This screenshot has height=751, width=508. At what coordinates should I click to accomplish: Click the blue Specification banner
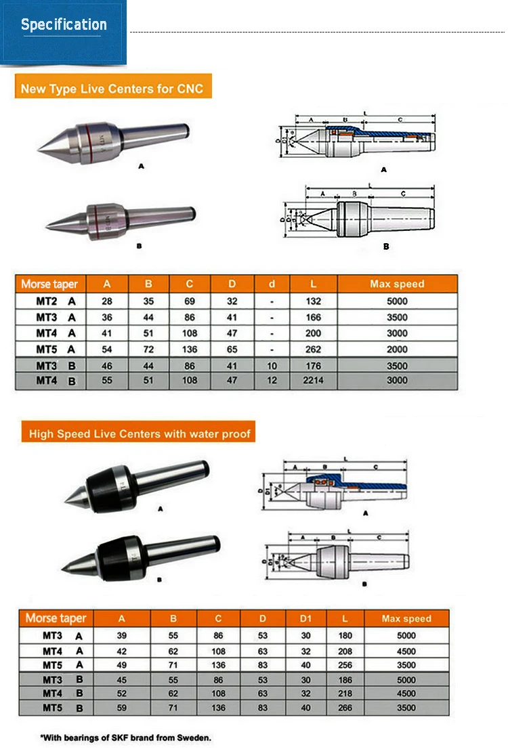point(64,32)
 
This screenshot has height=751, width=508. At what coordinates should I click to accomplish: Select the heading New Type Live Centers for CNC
point(112,88)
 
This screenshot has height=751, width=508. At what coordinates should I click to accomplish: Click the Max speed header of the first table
point(397,284)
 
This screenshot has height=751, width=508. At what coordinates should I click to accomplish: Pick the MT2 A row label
point(56,301)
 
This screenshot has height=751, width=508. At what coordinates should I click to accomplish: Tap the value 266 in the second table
point(345,708)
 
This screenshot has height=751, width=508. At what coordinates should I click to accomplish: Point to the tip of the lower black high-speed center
point(63,567)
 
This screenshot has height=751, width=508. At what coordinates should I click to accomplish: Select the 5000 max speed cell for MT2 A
point(397,301)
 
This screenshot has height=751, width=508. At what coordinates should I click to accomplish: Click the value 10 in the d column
point(272,366)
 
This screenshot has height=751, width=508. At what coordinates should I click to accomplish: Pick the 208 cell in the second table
point(345,651)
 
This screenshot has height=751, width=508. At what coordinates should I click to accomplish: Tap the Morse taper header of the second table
point(56,618)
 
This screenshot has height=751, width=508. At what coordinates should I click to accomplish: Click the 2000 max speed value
point(397,349)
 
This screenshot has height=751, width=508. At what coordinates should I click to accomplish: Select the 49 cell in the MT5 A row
point(122,665)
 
